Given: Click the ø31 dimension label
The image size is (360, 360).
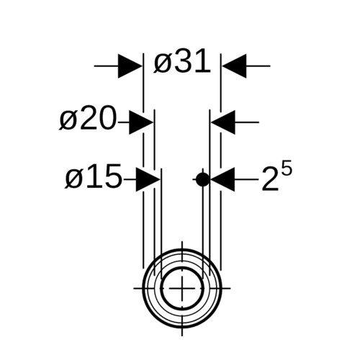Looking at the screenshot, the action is pyautogui.click(x=182, y=61).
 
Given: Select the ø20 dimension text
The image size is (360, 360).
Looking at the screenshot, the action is pyautogui.click(x=88, y=118).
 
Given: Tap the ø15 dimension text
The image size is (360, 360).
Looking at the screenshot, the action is pyautogui.click(x=94, y=176).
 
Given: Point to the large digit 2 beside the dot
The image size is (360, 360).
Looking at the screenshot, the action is pyautogui.click(x=270, y=179).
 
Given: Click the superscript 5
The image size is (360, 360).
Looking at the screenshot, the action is pyautogui.click(x=287, y=168).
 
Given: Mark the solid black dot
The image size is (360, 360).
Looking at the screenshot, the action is pyautogui.click(x=203, y=179).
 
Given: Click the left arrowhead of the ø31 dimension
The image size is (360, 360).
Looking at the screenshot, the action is pyautogui.click(x=130, y=66).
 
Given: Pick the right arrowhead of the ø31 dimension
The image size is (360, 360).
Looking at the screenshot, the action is pyautogui.click(x=234, y=66).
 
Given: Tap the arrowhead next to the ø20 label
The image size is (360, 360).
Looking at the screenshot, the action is pyautogui.click(x=141, y=122).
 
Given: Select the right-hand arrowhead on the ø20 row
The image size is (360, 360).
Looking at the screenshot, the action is pyautogui.click(x=223, y=122).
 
